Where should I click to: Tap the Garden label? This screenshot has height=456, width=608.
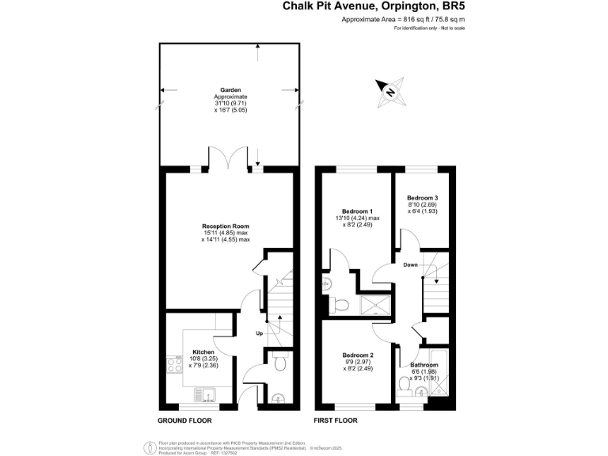coord(231,90)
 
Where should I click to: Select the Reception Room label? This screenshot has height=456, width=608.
coord(226,226)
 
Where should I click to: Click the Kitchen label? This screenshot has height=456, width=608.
coord(203,351)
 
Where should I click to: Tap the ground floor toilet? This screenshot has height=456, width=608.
coord(278,362)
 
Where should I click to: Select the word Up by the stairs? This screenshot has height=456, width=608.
coord(259,333)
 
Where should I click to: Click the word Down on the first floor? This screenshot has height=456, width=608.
coord(410,264)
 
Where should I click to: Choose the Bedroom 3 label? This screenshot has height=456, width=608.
coord(423,197)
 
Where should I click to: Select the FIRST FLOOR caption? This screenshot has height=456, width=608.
coord(335,420)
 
